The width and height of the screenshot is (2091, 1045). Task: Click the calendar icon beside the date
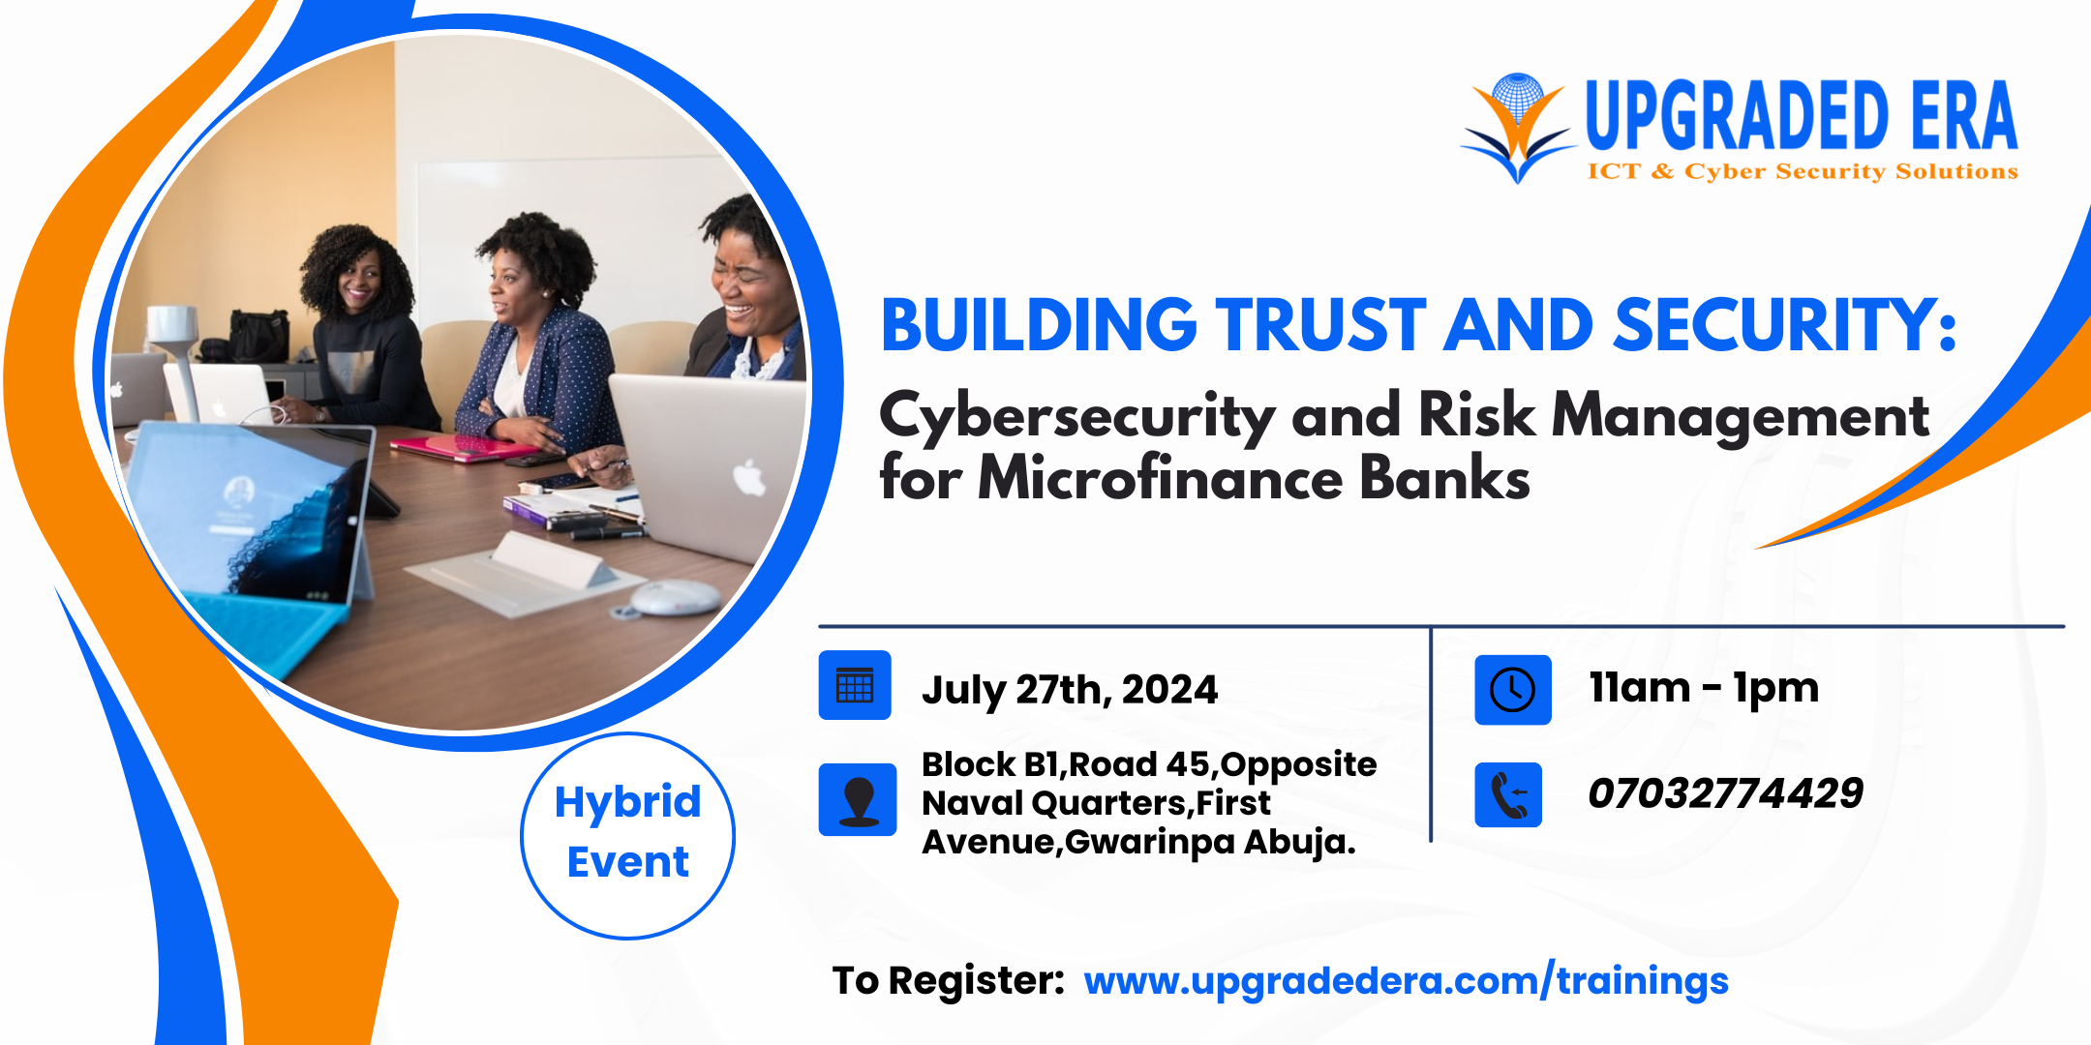coord(855,685)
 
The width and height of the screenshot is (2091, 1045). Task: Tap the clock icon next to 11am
coord(1512,690)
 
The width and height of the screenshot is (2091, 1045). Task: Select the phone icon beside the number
coord(1508,795)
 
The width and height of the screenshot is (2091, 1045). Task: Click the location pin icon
coord(858,799)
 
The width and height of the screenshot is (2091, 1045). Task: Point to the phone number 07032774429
coord(1725,793)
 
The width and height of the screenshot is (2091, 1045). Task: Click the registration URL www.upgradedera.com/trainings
coord(1406,981)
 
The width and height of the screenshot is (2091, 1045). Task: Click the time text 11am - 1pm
coord(1704,688)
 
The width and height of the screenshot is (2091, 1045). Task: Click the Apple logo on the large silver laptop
coord(749,477)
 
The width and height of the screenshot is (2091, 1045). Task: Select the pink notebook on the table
coord(463,448)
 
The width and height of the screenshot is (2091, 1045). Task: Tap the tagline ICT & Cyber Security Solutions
coord(1803,172)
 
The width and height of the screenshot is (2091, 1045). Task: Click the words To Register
coord(949,981)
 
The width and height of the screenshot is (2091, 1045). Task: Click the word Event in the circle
coord(627,861)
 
